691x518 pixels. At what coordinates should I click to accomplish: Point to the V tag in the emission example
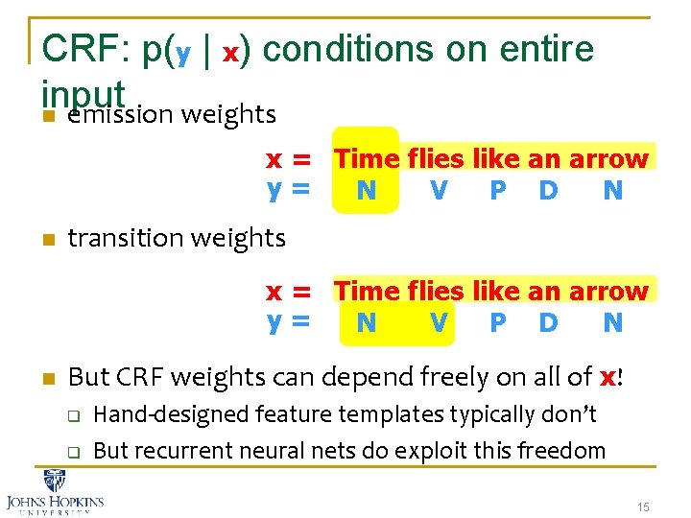tap(439, 191)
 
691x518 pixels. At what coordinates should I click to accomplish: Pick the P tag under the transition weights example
tap(497, 323)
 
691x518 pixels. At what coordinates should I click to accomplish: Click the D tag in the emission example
tap(548, 191)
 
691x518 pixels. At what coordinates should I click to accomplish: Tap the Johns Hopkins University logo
tap(56, 490)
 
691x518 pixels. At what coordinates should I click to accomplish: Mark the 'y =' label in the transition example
tap(289, 323)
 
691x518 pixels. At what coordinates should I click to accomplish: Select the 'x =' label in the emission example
tap(289, 159)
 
